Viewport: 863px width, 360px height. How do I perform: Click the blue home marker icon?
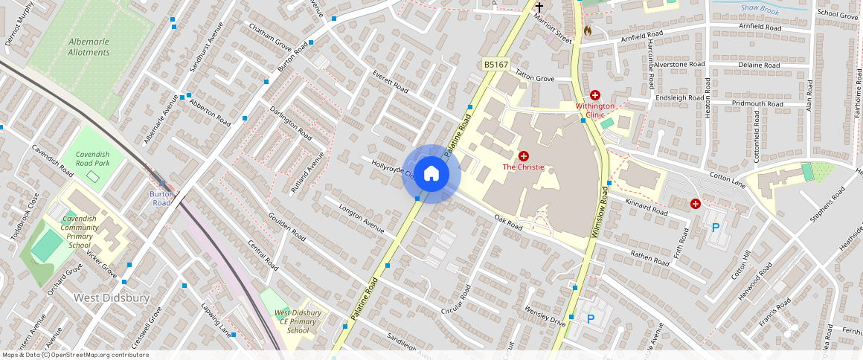click(x=431, y=173)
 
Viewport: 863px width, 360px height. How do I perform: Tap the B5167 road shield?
click(x=496, y=65)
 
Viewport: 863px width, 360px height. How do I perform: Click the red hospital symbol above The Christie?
click(x=524, y=156)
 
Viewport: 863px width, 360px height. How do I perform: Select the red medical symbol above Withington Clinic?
click(x=595, y=95)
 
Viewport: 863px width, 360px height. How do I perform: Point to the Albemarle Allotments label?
click(x=89, y=47)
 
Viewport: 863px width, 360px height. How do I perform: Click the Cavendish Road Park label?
click(x=92, y=158)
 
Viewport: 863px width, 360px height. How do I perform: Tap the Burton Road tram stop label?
click(x=161, y=198)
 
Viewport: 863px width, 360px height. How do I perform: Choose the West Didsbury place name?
click(x=112, y=298)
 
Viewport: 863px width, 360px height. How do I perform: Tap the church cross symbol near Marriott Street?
click(x=539, y=7)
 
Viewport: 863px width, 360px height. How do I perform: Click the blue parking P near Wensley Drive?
click(x=591, y=319)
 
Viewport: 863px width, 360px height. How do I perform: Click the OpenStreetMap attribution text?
click(x=75, y=355)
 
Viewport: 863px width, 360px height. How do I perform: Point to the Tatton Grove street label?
click(x=536, y=78)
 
